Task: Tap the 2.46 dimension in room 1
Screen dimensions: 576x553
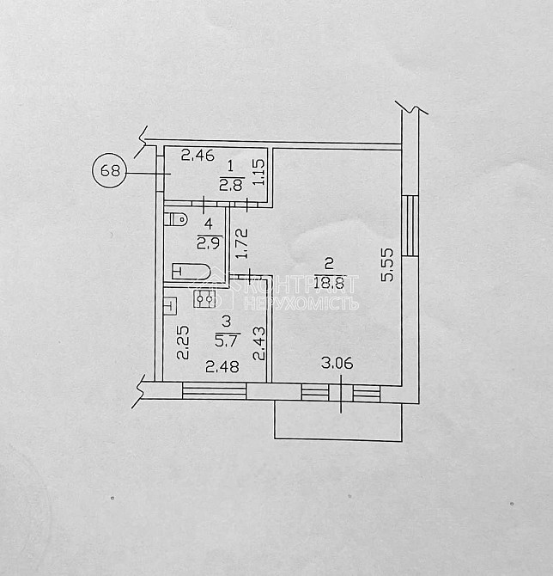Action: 198,156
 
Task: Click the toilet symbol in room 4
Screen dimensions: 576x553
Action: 176,218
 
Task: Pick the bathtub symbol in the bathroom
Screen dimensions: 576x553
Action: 191,273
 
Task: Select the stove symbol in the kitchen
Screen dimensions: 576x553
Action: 204,298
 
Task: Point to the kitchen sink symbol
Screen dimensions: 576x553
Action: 169,303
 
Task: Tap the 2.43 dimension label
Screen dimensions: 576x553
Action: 259,341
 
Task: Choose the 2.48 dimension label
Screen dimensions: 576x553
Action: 222,367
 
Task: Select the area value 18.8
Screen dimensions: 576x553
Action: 331,279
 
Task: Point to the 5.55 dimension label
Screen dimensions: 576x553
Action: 388,264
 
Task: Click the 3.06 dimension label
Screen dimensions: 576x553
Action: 337,364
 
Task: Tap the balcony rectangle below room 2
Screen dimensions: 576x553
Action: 337,421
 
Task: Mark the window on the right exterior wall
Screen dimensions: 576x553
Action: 410,225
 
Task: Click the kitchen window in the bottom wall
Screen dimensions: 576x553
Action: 214,391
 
